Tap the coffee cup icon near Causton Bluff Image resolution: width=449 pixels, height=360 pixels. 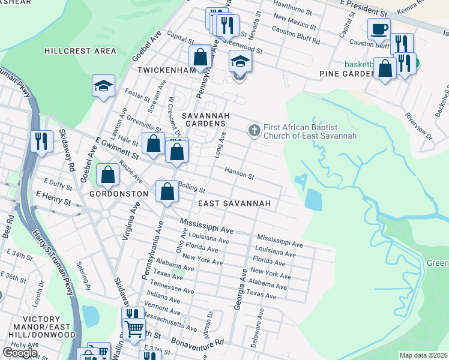tap(379, 28)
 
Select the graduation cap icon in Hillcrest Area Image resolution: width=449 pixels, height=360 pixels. tap(103, 85)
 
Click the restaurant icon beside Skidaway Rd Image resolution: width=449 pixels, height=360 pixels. tap(41, 141)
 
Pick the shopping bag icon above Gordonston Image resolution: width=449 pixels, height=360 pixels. tap(107, 175)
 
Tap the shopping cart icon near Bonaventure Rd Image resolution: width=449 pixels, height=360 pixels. tap(134, 329)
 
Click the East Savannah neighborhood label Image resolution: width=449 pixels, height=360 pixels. tap(235, 204)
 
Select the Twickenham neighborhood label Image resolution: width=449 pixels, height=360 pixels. tap(166, 70)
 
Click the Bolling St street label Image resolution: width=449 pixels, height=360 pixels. tap(191, 188)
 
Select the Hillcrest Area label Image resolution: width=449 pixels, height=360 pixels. tap(80, 51)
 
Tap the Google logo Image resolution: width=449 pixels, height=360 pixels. tap(20, 352)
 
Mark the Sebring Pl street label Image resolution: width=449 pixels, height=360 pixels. tap(83, 273)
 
